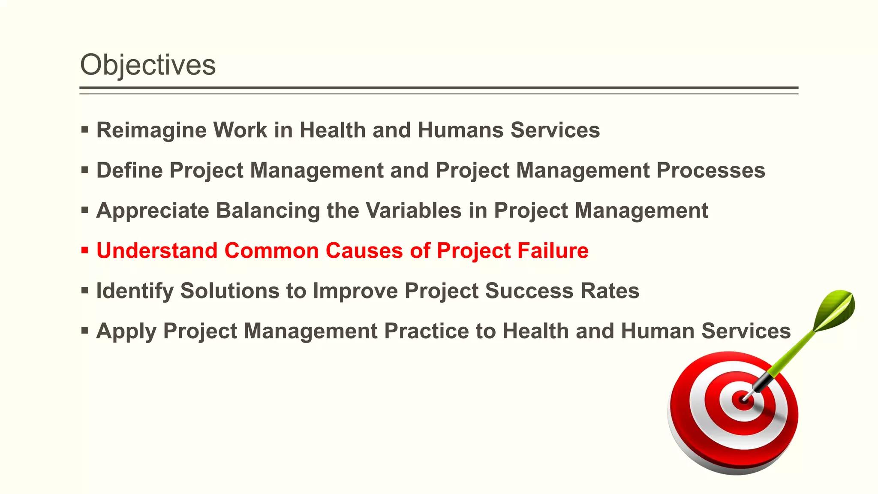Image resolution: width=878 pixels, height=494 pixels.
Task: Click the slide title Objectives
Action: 148,65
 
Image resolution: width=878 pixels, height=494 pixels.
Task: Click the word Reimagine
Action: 151,130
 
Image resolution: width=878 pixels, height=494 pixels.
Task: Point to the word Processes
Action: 711,170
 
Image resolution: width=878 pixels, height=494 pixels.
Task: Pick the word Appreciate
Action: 152,211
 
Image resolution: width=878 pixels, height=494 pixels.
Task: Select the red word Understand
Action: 157,250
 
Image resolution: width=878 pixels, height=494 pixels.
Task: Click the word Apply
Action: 126,331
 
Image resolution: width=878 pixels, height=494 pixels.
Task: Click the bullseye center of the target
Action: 743,400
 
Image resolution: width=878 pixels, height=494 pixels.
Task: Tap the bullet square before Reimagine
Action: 84,129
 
